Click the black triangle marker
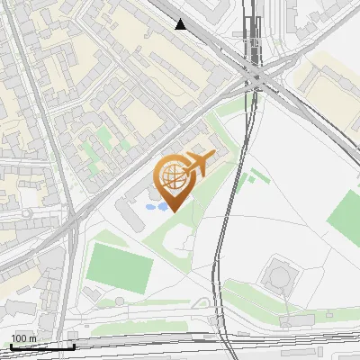coord(182,24)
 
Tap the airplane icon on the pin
coord(198,163)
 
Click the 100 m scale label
coord(24,337)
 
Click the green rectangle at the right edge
coord(344,216)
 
